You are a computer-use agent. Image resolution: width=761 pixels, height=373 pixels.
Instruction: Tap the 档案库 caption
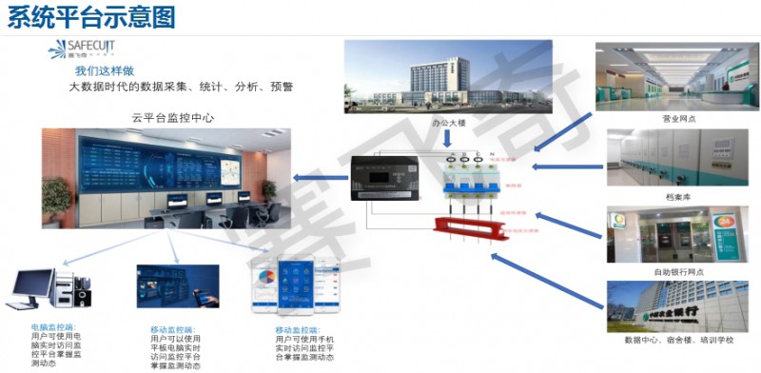click(679, 195)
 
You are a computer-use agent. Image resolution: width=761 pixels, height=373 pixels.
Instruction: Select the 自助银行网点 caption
click(679, 272)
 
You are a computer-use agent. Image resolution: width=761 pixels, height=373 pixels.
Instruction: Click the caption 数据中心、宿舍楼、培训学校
click(679, 340)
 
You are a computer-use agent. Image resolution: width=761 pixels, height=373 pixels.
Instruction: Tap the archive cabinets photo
click(679, 158)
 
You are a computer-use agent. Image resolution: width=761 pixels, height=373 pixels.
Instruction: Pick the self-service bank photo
click(679, 234)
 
